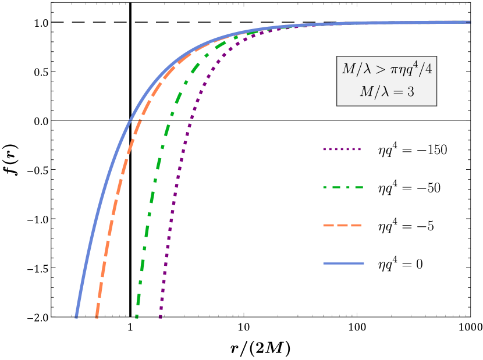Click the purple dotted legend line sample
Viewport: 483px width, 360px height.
click(x=342, y=149)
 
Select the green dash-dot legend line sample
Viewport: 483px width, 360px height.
click(x=343, y=187)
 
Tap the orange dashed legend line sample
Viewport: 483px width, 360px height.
click(x=342, y=225)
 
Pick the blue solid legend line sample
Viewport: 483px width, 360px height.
click(x=343, y=263)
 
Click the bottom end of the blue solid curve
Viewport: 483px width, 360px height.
click(x=76, y=316)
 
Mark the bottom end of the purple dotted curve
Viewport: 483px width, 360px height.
click(x=160, y=316)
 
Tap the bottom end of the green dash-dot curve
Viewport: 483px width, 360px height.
click(x=137, y=316)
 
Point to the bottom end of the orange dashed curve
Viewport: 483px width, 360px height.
click(x=97, y=316)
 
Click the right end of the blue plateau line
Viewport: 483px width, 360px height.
click(x=469, y=22)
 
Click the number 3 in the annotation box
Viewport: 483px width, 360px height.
click(x=410, y=92)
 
